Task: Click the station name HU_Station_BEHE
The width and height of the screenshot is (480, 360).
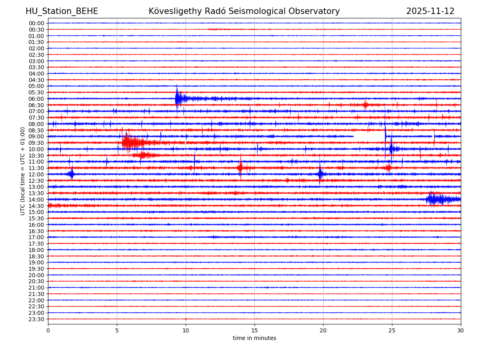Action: [62, 11]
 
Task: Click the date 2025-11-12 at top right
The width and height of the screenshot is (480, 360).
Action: [430, 11]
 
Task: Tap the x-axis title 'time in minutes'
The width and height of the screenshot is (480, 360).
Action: [254, 338]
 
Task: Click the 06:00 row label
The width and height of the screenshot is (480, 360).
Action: [36, 99]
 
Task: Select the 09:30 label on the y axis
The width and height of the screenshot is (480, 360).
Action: [36, 143]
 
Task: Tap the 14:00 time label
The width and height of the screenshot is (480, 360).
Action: [36, 200]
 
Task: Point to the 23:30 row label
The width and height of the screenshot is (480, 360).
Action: [36, 319]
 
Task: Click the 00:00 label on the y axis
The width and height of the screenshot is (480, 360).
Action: [36, 23]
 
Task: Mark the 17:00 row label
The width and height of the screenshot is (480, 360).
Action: [36, 237]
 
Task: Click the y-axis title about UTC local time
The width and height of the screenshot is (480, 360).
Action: [23, 171]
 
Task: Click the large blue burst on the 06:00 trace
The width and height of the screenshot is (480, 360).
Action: [178, 98]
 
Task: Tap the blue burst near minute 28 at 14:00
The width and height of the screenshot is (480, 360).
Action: [434, 199]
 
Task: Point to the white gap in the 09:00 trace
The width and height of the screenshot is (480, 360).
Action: [369, 136]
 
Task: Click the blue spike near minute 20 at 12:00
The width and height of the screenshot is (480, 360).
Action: [320, 174]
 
